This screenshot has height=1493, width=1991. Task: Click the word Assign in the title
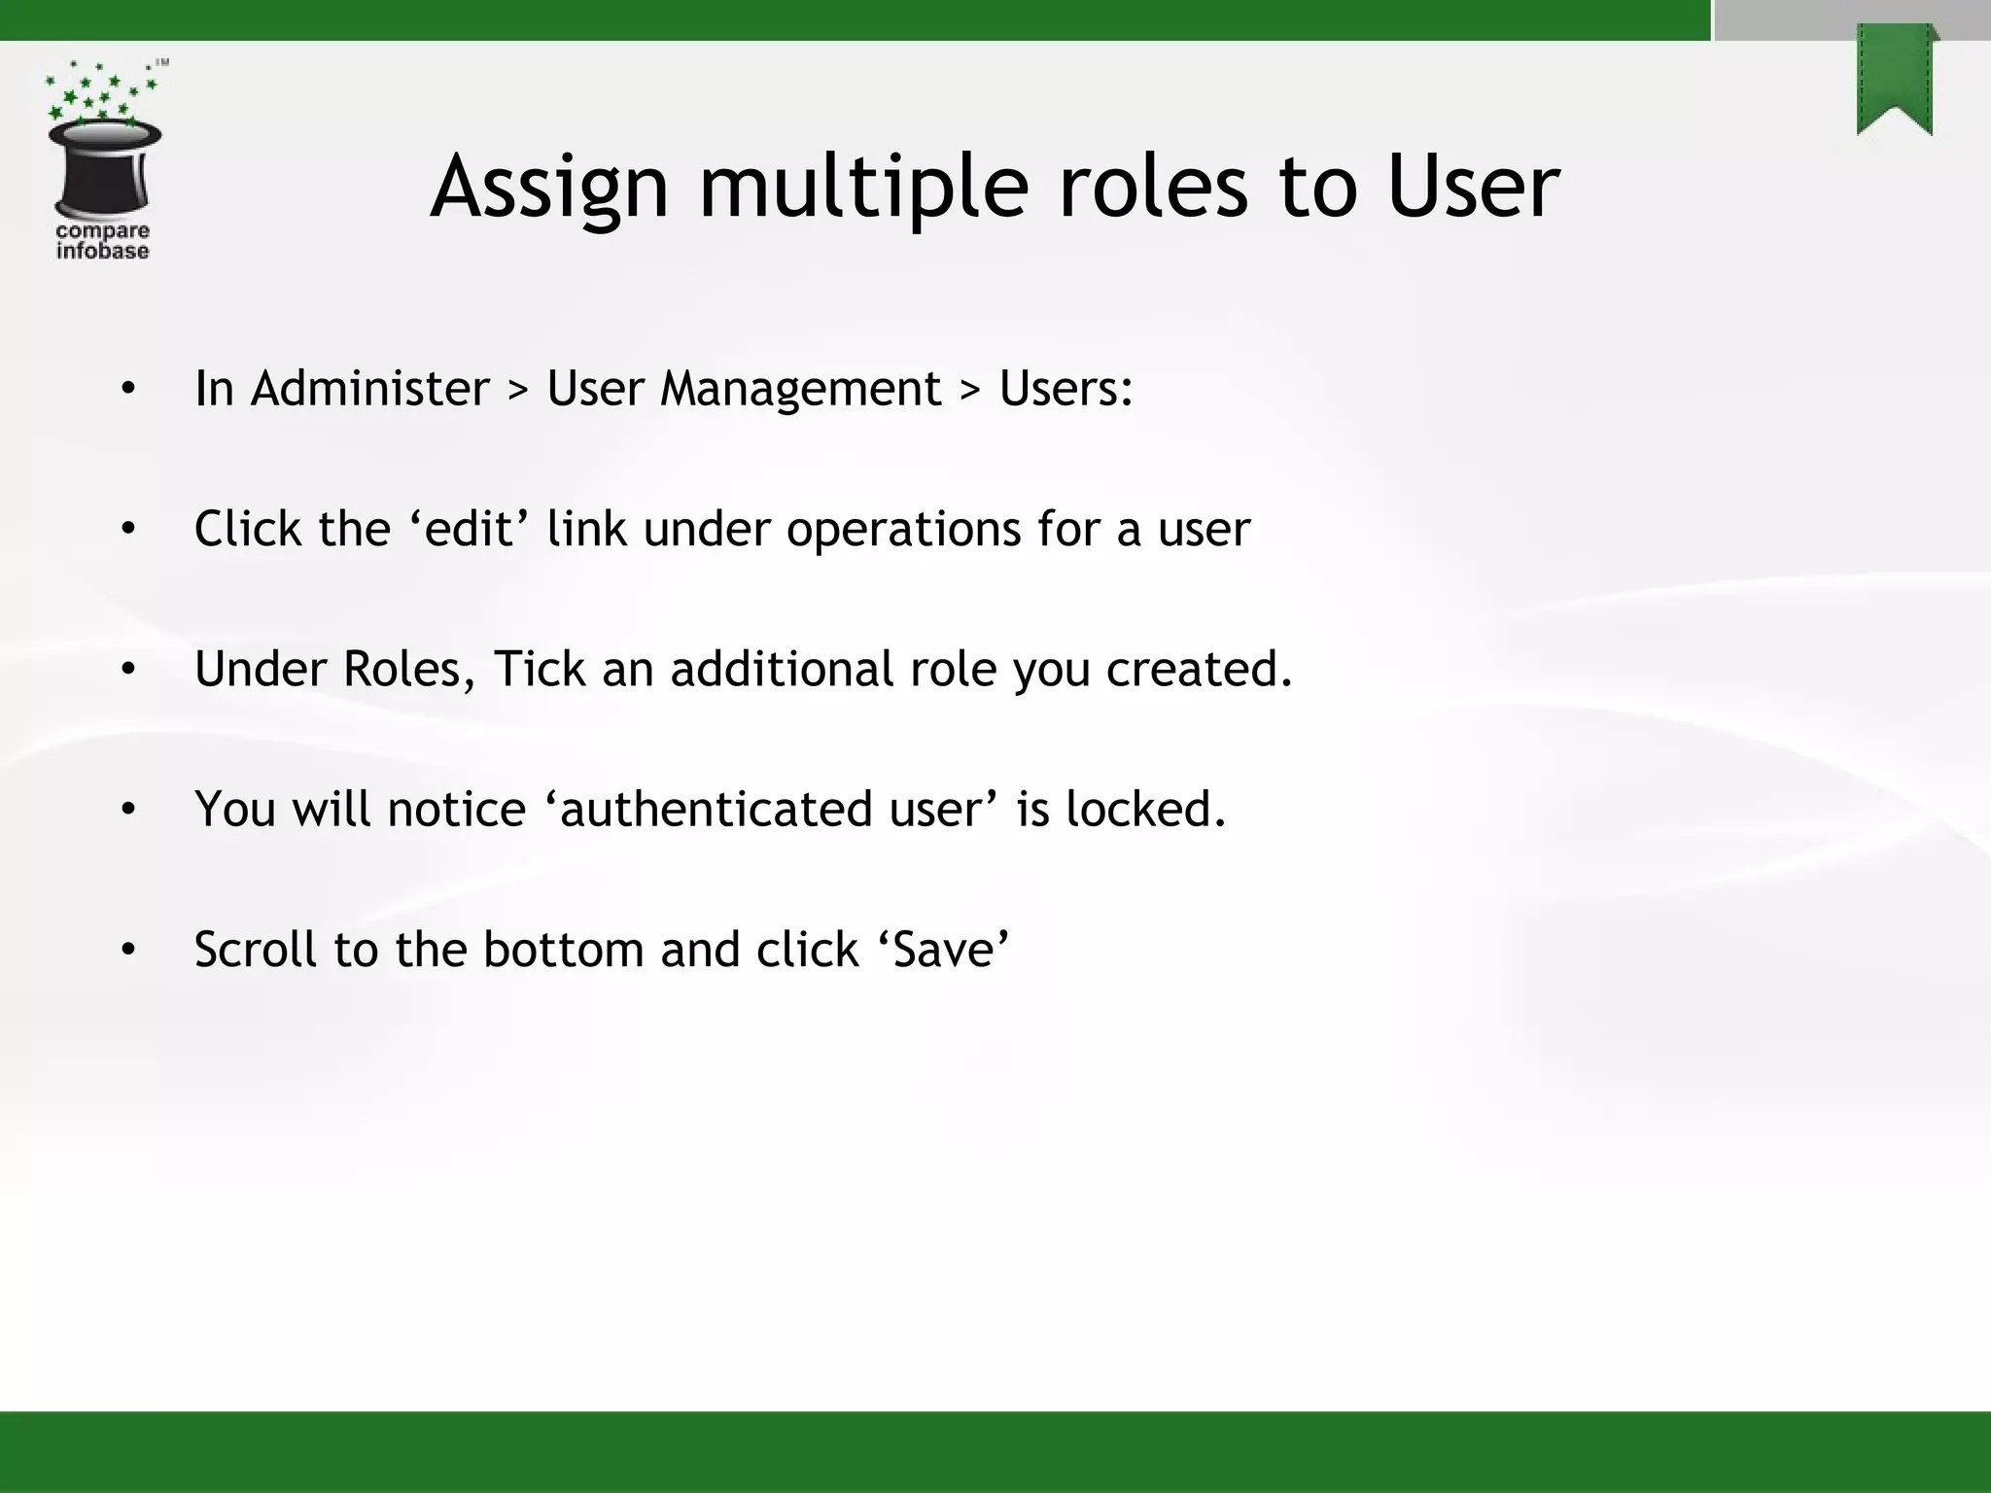550,187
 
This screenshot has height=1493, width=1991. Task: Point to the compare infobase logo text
102,241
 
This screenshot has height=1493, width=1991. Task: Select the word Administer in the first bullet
370,389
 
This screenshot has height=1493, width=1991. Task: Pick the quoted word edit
470,530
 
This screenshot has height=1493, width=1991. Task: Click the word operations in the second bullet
903,530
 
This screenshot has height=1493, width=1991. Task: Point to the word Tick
540,670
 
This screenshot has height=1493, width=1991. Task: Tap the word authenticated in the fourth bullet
716,810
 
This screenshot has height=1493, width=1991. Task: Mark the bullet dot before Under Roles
128,670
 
